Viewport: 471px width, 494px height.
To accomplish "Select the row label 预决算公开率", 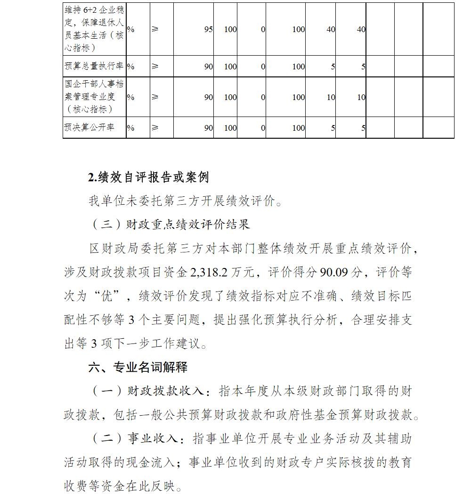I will click(x=89, y=127).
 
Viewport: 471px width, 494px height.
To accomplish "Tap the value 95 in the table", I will click(x=208, y=29).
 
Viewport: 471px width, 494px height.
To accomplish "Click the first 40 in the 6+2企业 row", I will click(x=331, y=29).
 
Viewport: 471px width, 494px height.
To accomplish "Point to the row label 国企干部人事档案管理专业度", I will click(x=94, y=97).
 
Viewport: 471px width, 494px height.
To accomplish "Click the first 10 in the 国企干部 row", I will click(x=331, y=97).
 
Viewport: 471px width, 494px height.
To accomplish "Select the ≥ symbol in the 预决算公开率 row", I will click(x=155, y=127).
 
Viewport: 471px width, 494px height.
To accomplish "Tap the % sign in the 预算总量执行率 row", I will click(x=130, y=67).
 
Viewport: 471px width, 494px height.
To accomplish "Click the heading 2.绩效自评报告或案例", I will click(x=148, y=177).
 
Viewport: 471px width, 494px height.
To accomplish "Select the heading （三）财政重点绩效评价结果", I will click(x=169, y=225).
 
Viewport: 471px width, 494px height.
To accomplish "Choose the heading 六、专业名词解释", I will click(x=138, y=367).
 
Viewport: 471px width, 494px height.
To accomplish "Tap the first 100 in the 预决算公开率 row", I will click(x=230, y=127).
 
